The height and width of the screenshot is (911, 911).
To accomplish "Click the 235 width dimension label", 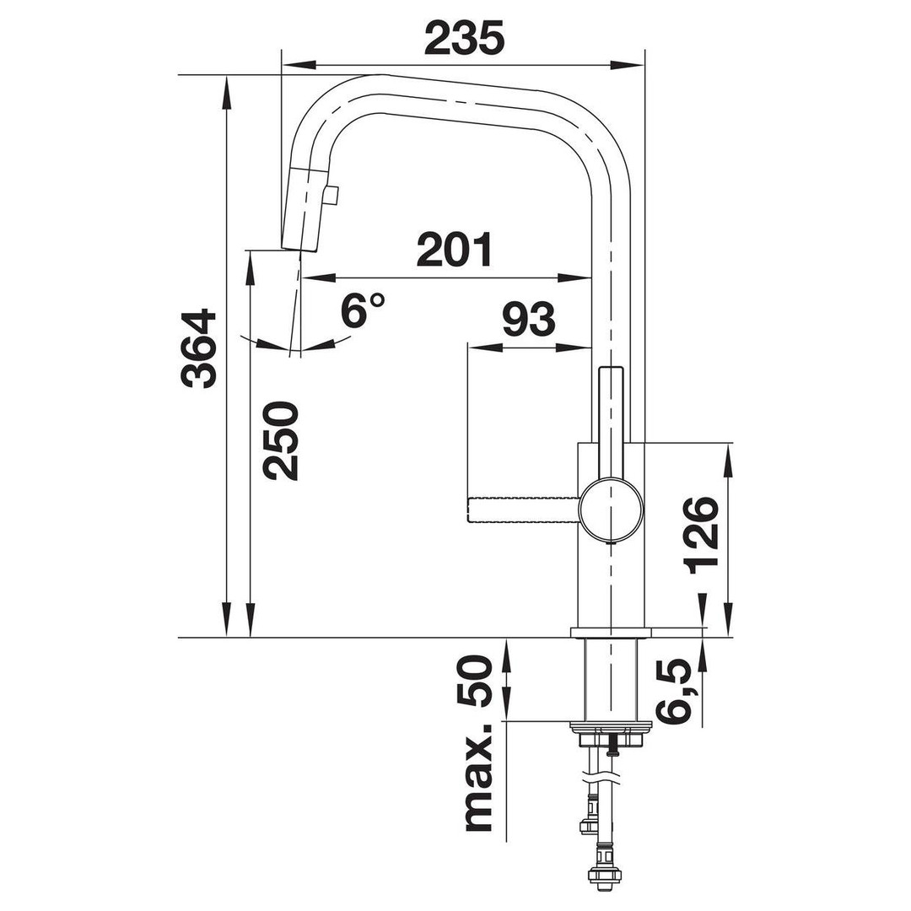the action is coord(464,38).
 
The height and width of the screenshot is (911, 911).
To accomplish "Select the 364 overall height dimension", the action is coord(198,349).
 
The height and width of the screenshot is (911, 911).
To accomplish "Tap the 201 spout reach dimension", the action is coord(454,250).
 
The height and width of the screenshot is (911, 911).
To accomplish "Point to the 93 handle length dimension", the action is coord(529,320).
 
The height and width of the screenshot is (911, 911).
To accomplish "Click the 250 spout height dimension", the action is coord(281,441).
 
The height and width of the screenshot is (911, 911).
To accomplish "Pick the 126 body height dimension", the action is coord(701,535).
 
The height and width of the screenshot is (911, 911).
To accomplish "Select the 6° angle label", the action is coord(362,310).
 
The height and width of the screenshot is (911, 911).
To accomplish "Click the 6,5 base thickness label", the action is coord(675,691).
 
